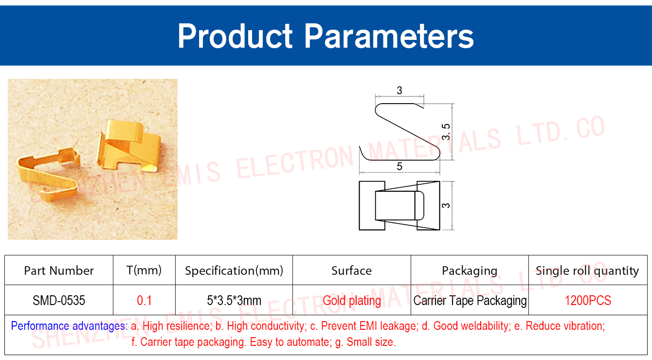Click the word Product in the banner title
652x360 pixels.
235,36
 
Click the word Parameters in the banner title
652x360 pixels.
389,36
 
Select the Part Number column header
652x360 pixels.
59,270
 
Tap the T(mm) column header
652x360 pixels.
144,270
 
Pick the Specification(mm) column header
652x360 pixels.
234,270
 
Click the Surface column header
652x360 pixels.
352,270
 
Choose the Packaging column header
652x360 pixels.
470,271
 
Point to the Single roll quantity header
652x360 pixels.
587,271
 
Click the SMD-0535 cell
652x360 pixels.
59,300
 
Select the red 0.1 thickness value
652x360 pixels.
144,300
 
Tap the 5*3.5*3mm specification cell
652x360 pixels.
234,300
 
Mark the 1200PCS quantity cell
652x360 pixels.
588,300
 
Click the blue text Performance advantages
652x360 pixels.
69,326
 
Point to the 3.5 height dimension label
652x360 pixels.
446,131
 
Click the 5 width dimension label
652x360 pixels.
399,166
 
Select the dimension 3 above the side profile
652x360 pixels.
399,90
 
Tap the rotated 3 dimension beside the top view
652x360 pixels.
446,205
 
